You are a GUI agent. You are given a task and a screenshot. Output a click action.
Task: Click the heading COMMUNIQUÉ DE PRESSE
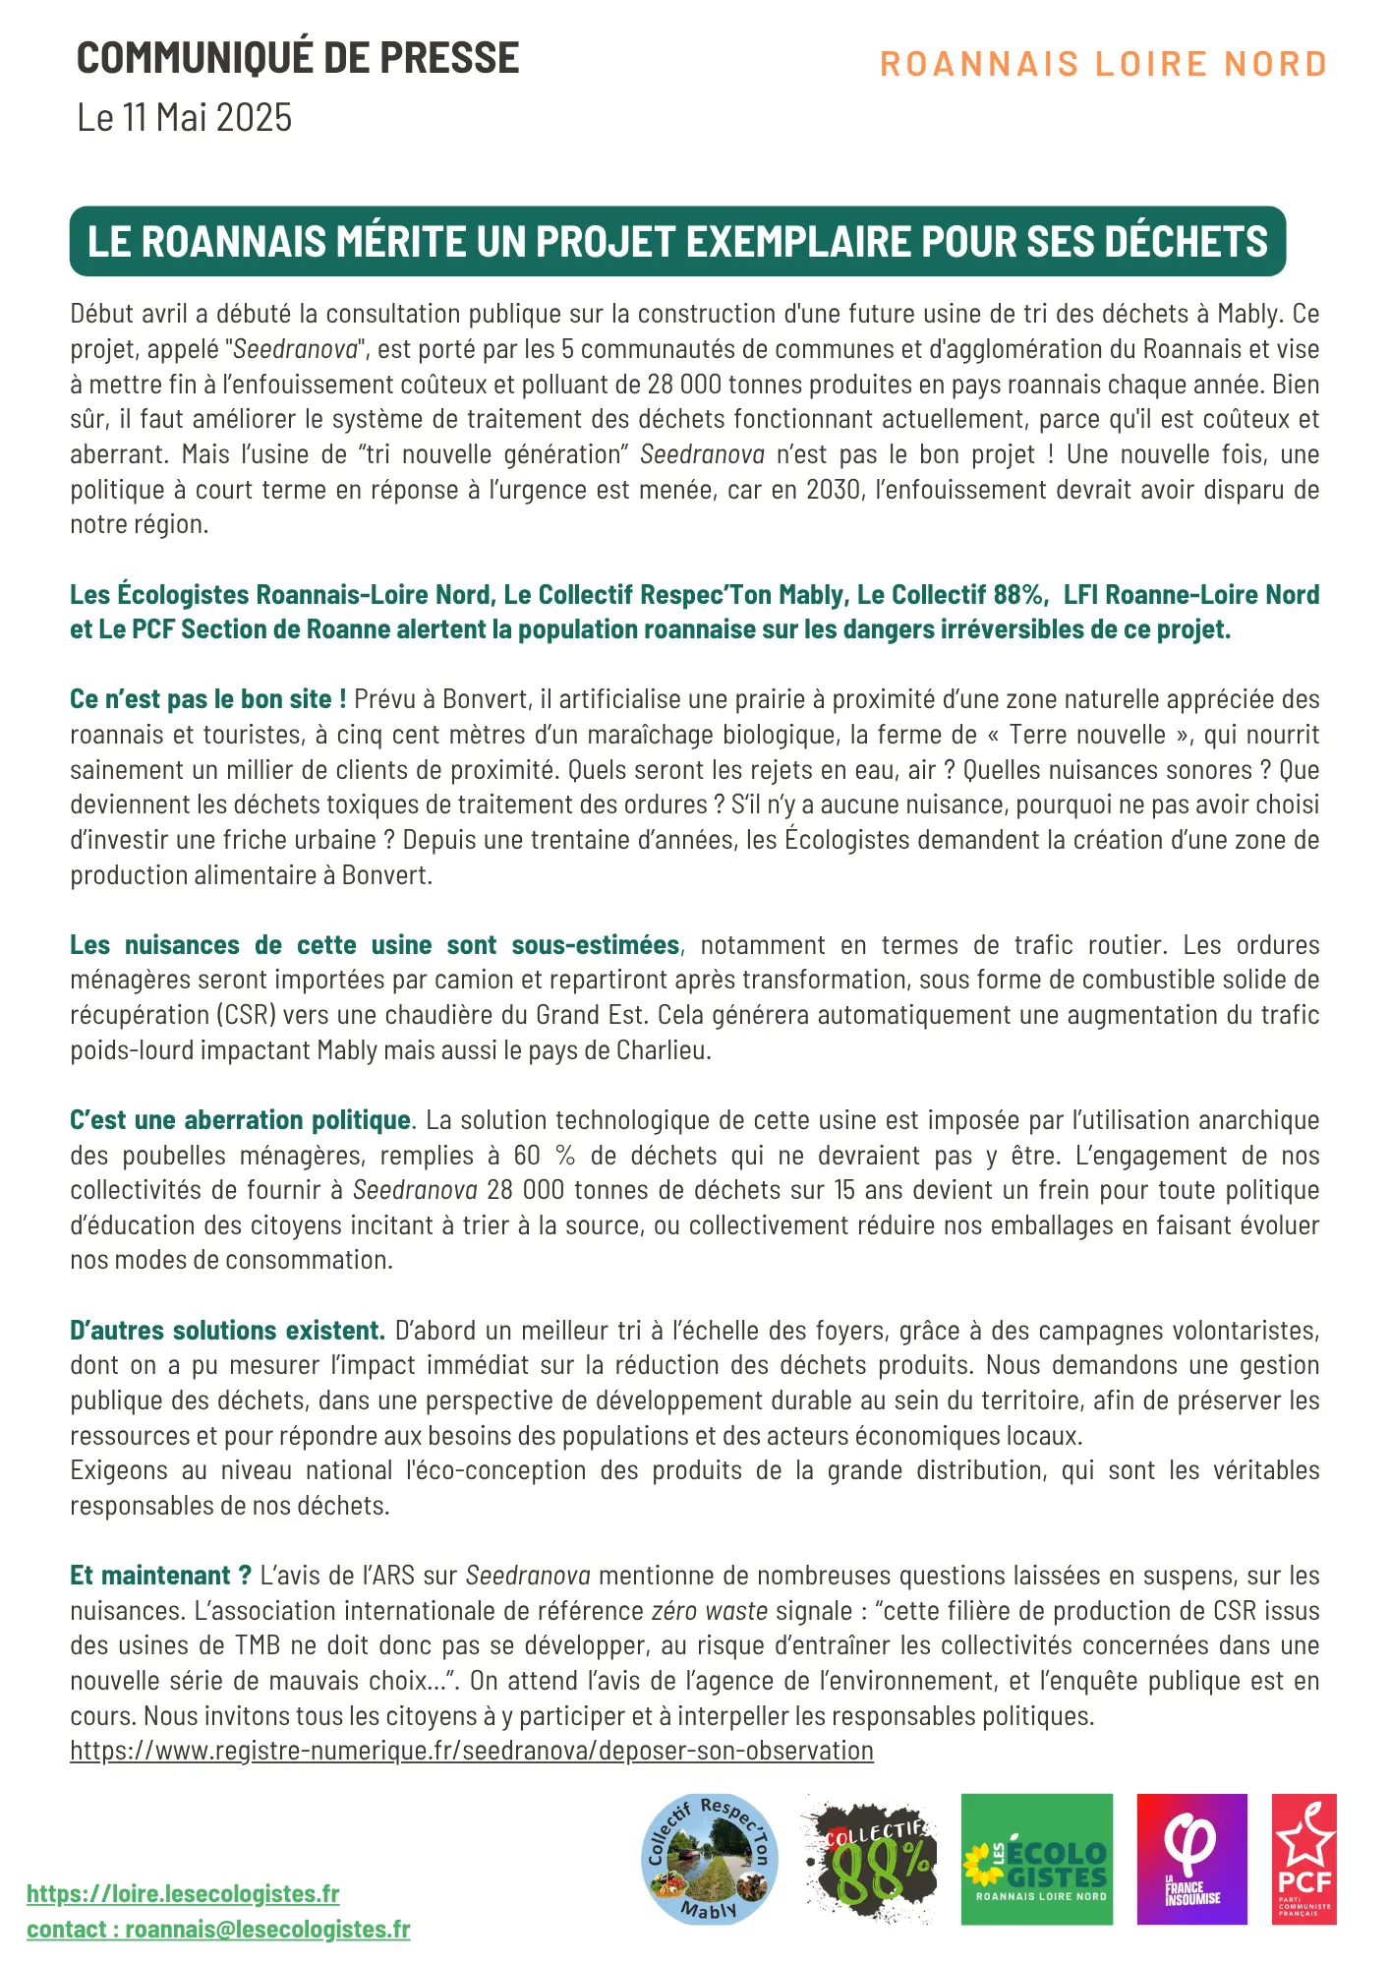[x=298, y=59]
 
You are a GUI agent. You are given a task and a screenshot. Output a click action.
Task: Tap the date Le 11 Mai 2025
[x=185, y=118]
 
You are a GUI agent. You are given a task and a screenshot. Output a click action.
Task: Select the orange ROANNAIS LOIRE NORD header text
[x=1103, y=65]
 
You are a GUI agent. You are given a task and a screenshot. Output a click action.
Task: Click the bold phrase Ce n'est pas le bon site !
[x=207, y=699]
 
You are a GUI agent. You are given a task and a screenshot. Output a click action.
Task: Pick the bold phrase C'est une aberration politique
[x=240, y=1120]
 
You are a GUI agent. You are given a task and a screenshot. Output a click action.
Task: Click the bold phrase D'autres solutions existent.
[x=227, y=1331]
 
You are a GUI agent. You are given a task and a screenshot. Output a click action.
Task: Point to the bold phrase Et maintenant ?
[x=160, y=1576]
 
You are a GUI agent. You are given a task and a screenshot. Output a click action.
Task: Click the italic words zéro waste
[x=709, y=1611]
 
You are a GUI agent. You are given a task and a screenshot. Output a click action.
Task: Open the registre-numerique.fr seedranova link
[x=472, y=1751]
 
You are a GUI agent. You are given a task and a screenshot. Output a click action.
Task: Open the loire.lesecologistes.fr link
[x=183, y=1893]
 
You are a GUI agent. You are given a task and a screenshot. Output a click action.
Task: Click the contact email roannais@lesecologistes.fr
[x=267, y=1929]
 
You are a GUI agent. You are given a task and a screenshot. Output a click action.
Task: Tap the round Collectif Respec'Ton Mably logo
[x=709, y=1858]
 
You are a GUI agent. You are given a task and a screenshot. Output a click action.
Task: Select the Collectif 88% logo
[x=868, y=1858]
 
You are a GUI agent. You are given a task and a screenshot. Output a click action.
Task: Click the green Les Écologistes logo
[x=1036, y=1858]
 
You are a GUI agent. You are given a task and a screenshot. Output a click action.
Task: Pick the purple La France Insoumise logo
[x=1191, y=1858]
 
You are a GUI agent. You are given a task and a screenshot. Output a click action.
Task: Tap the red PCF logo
[x=1303, y=1858]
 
